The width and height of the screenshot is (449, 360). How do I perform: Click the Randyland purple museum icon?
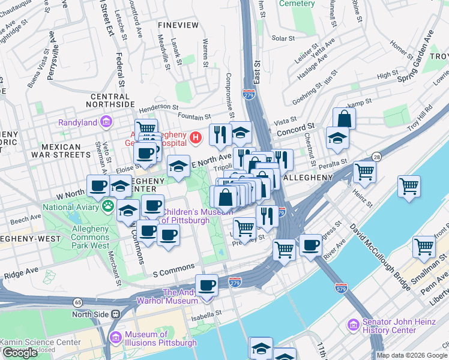coord(106,122)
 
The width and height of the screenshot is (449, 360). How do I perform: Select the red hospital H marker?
coord(195,139)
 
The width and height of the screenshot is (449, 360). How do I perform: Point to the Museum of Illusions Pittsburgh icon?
coord(115,338)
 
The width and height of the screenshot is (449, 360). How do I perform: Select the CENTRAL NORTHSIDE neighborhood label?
coord(110,100)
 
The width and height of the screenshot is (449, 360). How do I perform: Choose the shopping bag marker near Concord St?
coord(344,118)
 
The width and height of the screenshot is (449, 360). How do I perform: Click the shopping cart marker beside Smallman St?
coord(424,246)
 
